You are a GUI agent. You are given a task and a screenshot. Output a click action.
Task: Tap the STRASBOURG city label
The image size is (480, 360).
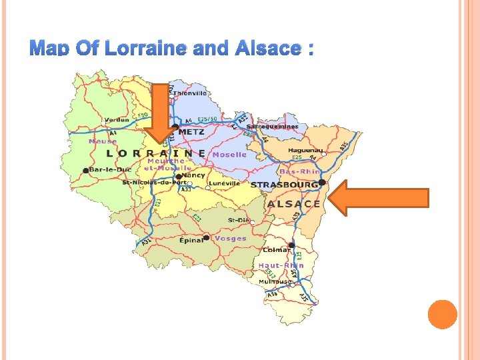coord(285,184)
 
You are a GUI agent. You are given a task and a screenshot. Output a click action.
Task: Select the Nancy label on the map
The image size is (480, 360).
coord(194,175)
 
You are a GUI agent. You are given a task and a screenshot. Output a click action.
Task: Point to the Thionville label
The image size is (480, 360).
coord(191,94)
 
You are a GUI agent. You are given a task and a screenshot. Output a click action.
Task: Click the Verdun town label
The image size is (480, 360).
coord(117,120)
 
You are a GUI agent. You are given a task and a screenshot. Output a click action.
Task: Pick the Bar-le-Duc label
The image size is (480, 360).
coord(110,170)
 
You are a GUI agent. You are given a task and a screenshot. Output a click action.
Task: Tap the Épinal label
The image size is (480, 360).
coord(191,240)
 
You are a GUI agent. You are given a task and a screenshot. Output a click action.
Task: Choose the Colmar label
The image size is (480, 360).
coord(277,250)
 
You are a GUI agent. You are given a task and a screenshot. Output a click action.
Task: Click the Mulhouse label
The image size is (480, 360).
coord(275,281)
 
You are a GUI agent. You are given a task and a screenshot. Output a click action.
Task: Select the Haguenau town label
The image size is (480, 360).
coord(306,151)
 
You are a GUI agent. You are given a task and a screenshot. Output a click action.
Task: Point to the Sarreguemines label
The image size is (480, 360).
coord(272,126)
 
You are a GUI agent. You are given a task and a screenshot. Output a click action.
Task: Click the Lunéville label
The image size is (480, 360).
coord(224,183)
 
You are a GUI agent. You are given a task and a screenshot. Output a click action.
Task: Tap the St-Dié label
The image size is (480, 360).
coord(239,219)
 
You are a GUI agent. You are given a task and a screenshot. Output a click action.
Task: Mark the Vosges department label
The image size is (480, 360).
coord(231,238)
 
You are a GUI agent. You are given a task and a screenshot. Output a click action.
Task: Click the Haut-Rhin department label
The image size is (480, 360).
coord(281,265)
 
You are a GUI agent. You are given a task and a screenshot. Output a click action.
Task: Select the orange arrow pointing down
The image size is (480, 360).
coord(160,113)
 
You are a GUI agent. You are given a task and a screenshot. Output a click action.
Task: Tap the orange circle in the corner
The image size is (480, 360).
coord(442,314)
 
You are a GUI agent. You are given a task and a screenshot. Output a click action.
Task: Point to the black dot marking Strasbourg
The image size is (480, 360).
coord(322,182)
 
